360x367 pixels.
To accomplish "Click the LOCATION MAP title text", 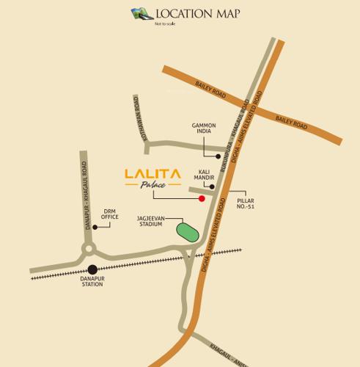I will [197, 13].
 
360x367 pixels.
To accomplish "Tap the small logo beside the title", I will [141, 13].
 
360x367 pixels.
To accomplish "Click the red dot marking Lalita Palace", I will [202, 198].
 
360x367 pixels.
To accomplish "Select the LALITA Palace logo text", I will [152, 177].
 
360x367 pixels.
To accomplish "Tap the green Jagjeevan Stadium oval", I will [188, 232].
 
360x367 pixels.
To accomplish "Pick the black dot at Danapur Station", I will [92, 269].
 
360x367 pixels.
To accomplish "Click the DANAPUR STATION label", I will [92, 281].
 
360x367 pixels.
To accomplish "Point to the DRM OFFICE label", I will [110, 214].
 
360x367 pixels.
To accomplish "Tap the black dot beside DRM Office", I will [95, 228].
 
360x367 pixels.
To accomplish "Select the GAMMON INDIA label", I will [204, 129].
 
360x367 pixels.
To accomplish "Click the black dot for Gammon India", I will [218, 156].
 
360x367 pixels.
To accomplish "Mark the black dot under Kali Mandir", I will [212, 186].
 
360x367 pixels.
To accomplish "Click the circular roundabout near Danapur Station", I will [89, 250].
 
